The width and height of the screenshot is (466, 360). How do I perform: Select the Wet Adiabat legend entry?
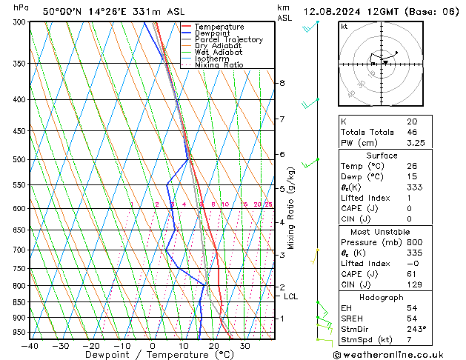coord(219,52)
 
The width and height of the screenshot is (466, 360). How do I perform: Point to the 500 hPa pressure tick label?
coord(20,159)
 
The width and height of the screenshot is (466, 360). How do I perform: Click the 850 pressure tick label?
coord(20,302)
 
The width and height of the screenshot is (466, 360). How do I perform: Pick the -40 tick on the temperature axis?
coord(30,346)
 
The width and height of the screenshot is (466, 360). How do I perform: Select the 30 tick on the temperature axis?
coord(244,346)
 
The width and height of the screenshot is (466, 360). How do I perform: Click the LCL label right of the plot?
coord(291,296)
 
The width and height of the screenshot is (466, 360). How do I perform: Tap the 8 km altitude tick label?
coord(282,83)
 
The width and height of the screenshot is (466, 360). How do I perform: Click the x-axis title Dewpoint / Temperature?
coord(152,356)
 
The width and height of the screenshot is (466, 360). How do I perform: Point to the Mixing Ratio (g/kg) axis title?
coord(291,207)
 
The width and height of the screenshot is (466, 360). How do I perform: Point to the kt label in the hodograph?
coord(344,26)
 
